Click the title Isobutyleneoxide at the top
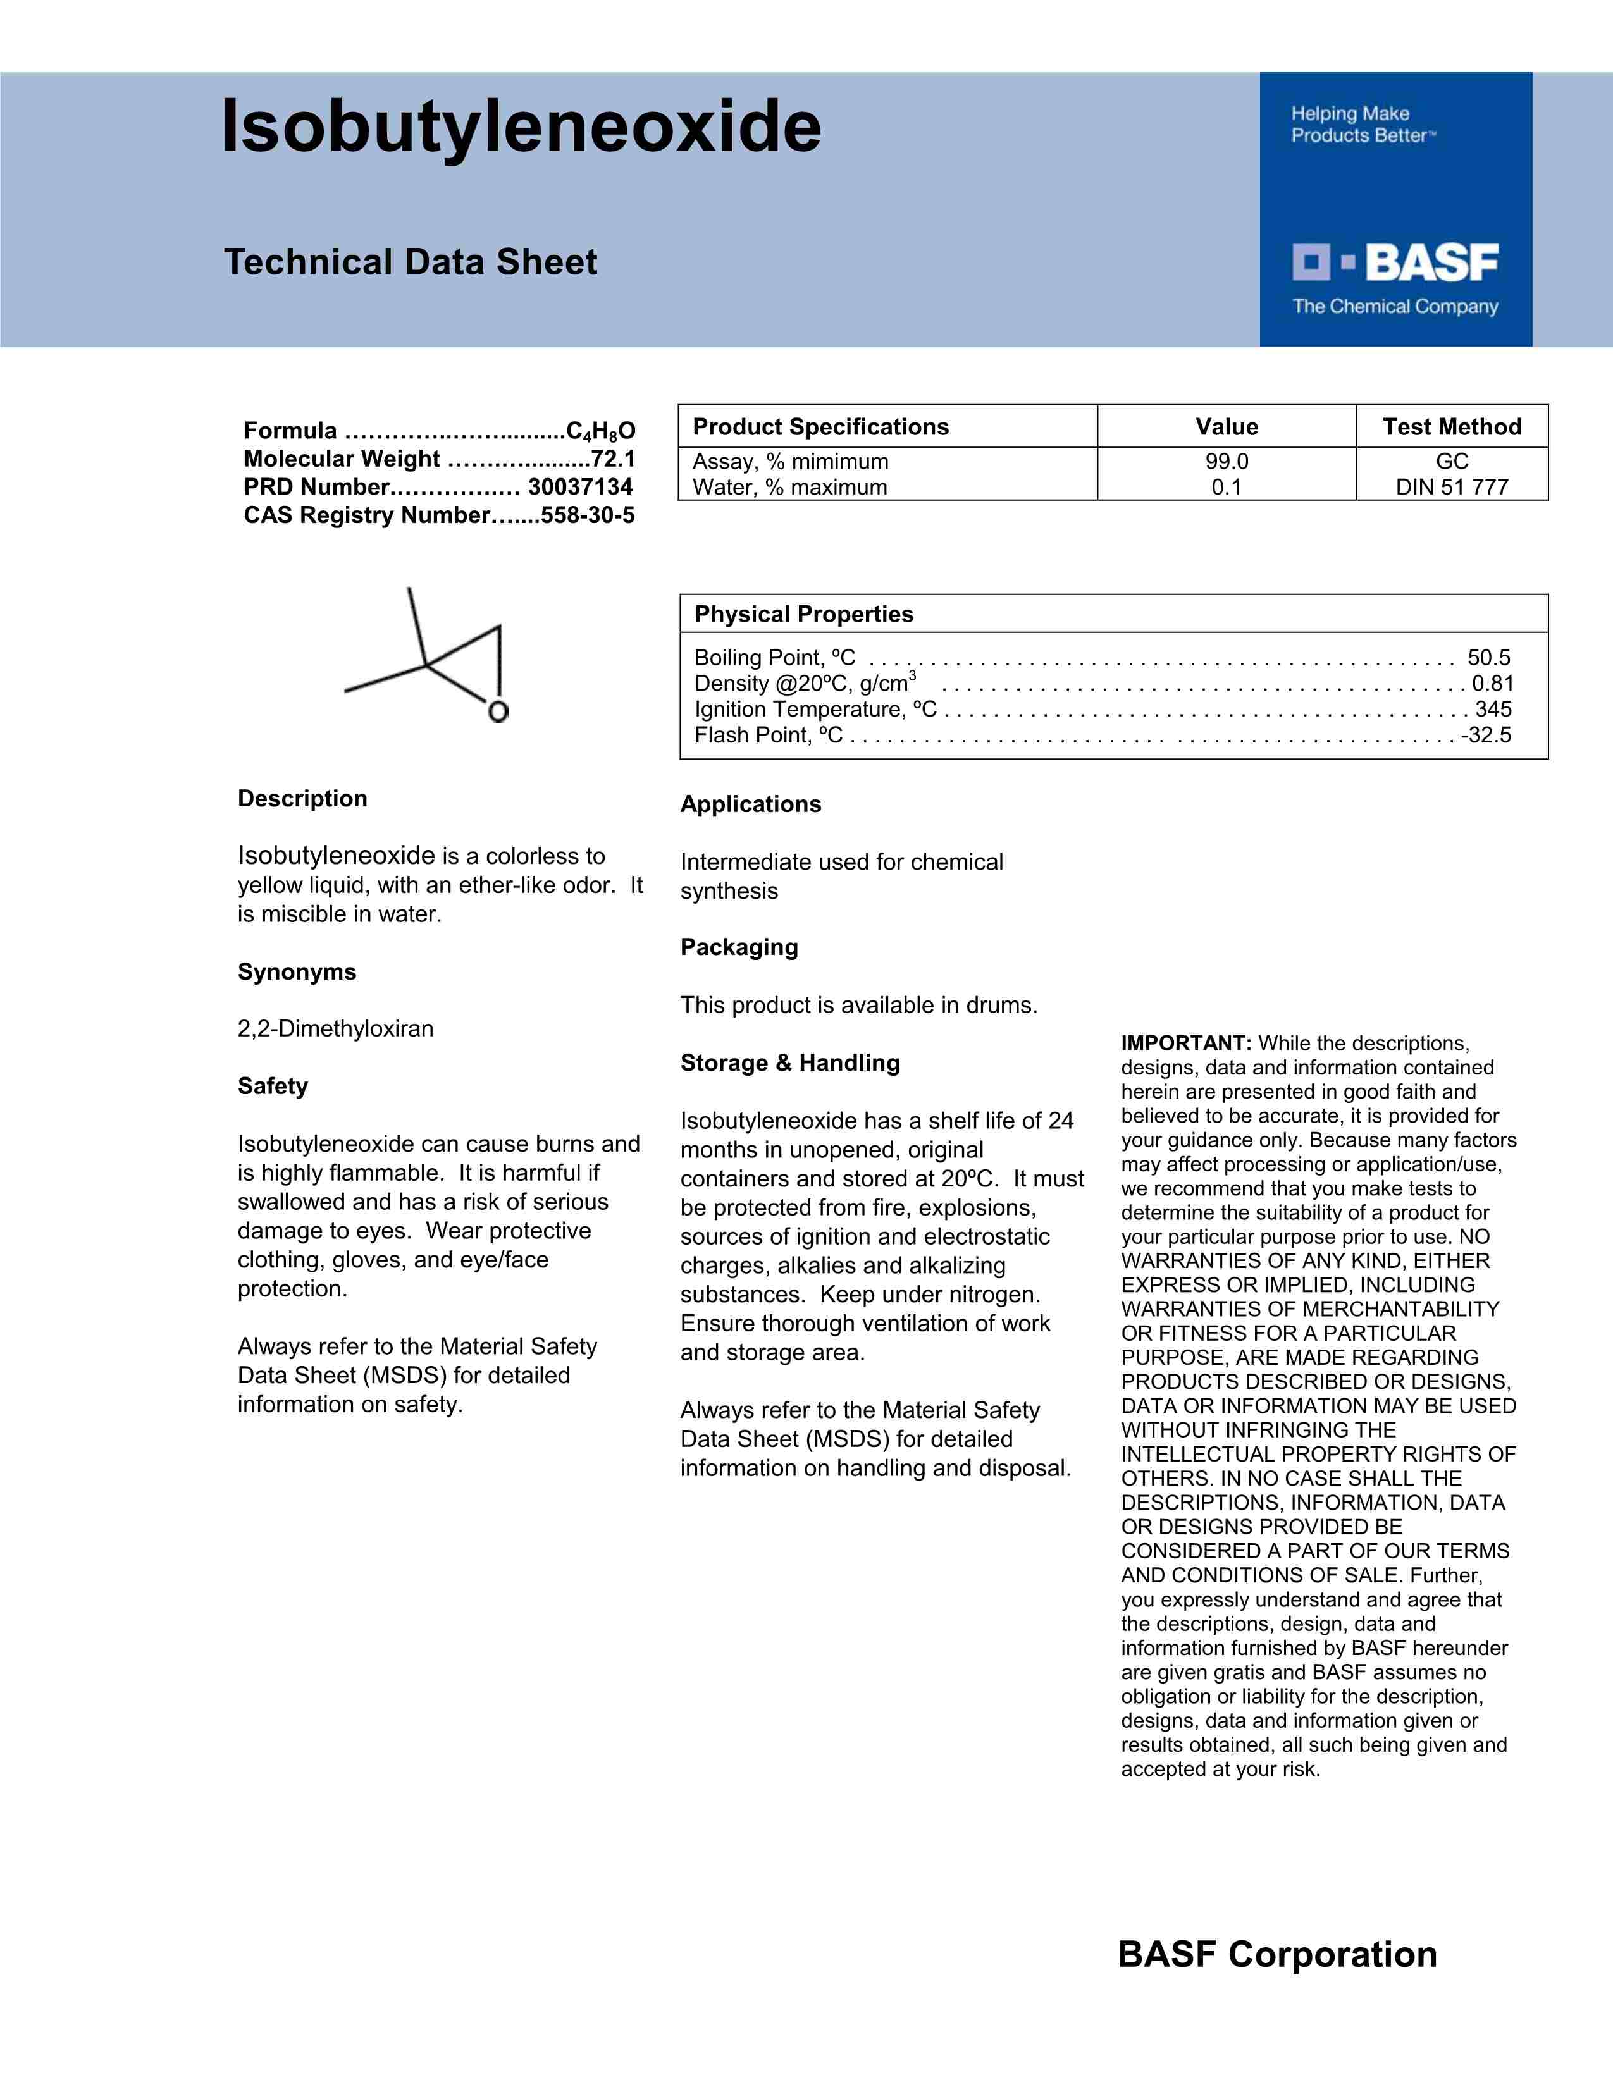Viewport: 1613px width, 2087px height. [x=521, y=127]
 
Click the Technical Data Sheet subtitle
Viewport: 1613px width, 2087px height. [x=411, y=262]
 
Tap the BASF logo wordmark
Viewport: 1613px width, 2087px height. [x=1430, y=263]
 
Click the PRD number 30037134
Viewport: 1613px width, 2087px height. [x=580, y=488]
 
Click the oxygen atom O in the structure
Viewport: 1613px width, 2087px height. [x=498, y=712]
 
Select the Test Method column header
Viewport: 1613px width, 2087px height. [x=1452, y=427]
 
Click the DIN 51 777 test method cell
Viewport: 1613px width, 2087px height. [x=1452, y=488]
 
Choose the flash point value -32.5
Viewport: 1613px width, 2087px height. [x=1486, y=735]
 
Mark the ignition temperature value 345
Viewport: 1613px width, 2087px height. [x=1493, y=709]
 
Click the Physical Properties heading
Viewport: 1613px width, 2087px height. [x=803, y=615]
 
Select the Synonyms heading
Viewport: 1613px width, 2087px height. [x=296, y=972]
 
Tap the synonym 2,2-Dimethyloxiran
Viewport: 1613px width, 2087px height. [x=335, y=1029]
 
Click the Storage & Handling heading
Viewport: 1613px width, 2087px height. [x=789, y=1062]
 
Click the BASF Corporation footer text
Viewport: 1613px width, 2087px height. [x=1276, y=1955]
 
